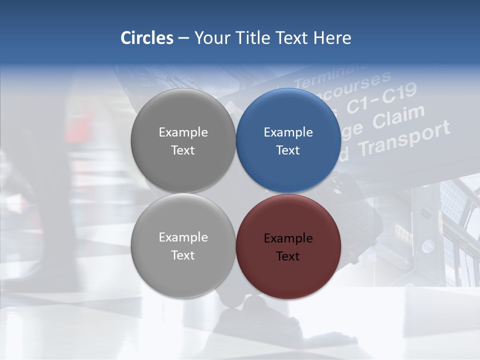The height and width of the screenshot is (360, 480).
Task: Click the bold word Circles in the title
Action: [x=146, y=38]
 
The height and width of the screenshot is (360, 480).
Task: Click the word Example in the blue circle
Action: [x=288, y=132]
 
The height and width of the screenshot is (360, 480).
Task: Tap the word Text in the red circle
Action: [x=288, y=256]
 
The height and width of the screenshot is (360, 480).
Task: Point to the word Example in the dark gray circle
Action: [x=183, y=132]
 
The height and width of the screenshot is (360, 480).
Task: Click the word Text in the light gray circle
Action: [x=183, y=255]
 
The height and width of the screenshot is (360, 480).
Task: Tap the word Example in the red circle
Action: [x=288, y=238]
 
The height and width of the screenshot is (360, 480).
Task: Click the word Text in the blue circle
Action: [x=288, y=150]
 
